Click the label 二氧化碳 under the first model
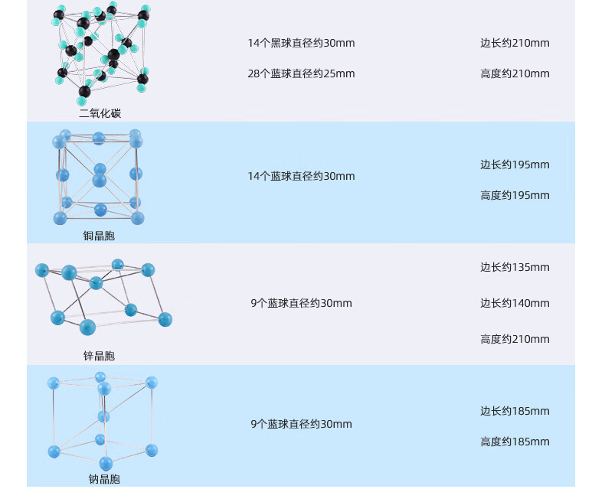click(100, 113)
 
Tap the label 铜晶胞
click(99, 236)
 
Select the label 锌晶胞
click(99, 356)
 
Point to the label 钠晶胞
click(104, 479)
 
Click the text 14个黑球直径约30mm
click(301, 43)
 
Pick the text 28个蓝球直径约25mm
click(301, 73)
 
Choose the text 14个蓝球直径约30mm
click(301, 176)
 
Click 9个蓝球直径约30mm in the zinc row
click(301, 303)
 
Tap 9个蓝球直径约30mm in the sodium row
click(301, 424)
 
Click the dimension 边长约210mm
click(515, 43)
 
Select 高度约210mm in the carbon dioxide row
click(515, 73)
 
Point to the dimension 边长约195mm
click(515, 165)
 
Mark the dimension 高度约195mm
click(515, 195)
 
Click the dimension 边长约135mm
click(515, 267)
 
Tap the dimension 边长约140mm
click(515, 303)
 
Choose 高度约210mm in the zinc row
click(515, 339)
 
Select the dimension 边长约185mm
click(515, 411)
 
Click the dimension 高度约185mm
click(515, 442)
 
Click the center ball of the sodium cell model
click(103, 416)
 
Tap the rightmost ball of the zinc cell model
click(165, 319)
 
